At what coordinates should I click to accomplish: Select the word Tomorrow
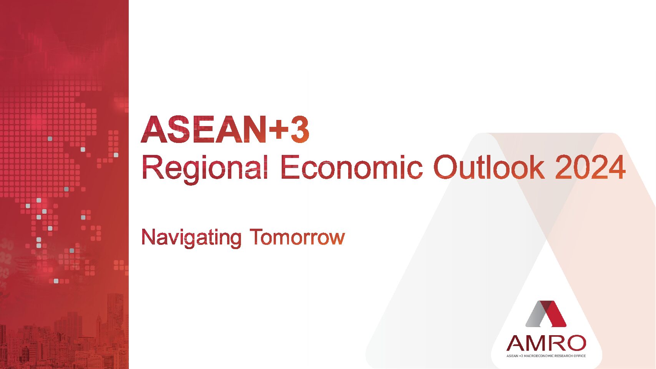pyautogui.click(x=297, y=237)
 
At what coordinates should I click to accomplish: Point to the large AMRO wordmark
pyautogui.click(x=546, y=343)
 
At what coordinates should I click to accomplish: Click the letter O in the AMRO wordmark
pyautogui.click(x=575, y=343)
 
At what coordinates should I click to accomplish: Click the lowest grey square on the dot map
pyautogui.click(x=56, y=281)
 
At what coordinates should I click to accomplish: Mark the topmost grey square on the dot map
pyautogui.click(x=50, y=138)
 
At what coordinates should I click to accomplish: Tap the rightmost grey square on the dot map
pyautogui.click(x=116, y=155)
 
